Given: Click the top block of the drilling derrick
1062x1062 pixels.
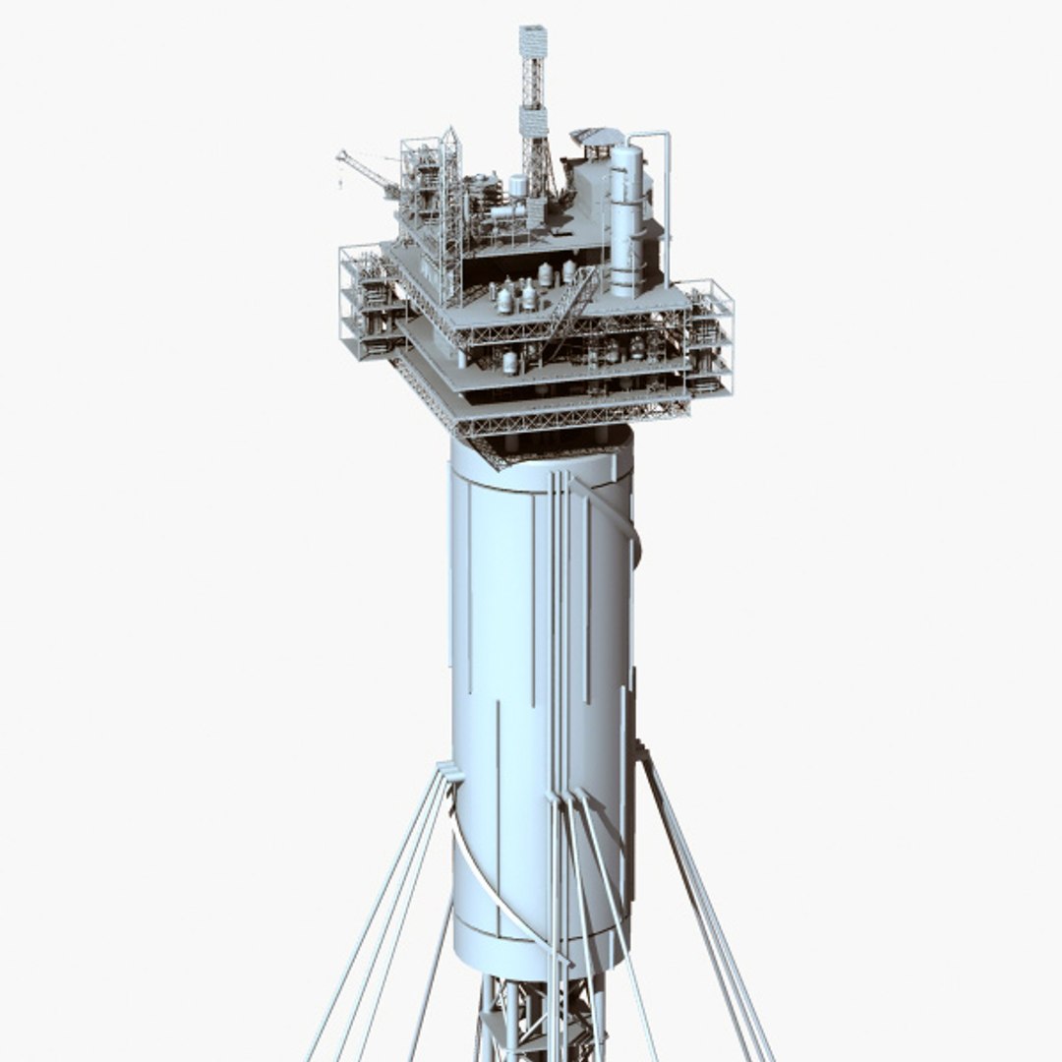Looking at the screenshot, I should tap(533, 41).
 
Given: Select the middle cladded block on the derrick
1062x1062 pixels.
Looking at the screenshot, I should tap(533, 122).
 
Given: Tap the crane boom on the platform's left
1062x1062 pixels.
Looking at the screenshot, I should tap(366, 172).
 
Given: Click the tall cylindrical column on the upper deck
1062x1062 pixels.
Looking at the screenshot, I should tap(625, 221).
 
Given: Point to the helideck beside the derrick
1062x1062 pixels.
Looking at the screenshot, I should tap(597, 137).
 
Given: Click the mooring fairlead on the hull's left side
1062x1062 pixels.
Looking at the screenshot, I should tap(450, 772).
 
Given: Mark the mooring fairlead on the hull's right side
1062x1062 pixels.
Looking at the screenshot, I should tap(641, 753).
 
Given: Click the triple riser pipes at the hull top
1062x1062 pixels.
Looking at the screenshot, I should tap(558, 511).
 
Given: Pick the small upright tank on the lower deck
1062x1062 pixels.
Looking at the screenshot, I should tap(510, 362).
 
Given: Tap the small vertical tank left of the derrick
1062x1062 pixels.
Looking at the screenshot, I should tap(517, 186).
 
